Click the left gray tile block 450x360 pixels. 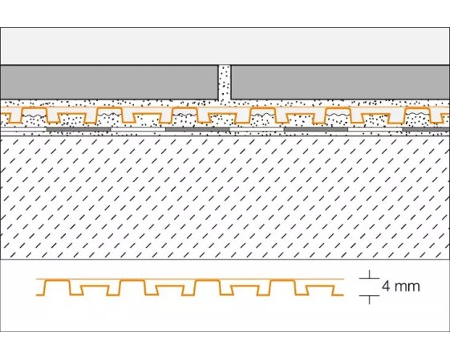(109, 82)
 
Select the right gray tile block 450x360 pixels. (340, 82)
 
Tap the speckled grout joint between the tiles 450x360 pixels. (225, 83)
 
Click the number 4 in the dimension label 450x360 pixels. (386, 286)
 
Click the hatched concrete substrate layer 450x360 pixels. (225, 198)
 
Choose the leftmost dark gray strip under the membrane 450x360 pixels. (79, 129)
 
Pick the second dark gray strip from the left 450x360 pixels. (197, 129)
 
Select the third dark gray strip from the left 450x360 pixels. (316, 129)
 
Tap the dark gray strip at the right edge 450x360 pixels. (426, 129)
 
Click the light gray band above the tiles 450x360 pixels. (225, 47)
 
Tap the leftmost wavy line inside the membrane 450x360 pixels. (34, 115)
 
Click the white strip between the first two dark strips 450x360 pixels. (138, 129)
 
